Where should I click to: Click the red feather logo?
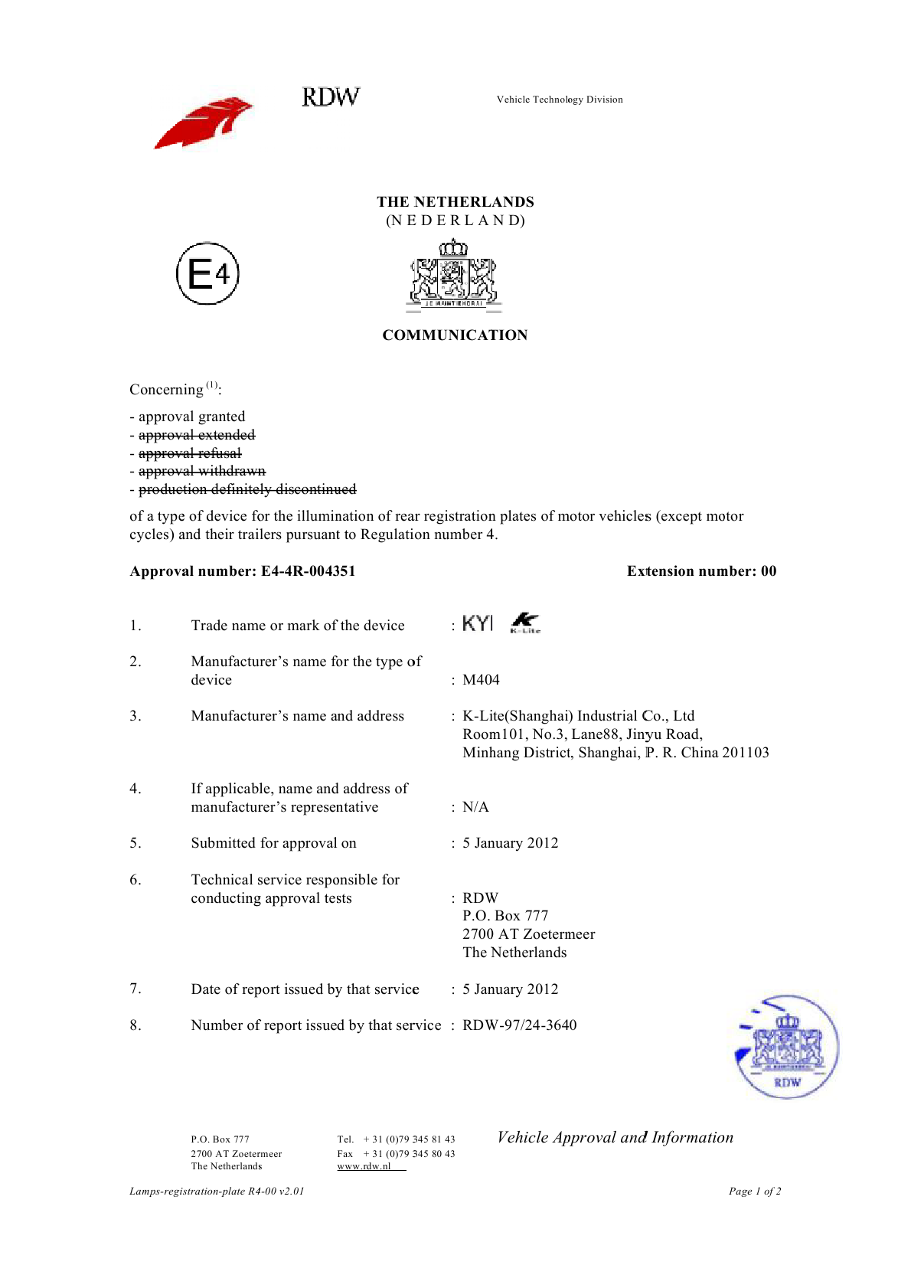[x=204, y=123]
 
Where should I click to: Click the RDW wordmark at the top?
[x=330, y=97]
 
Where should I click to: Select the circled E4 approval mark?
[x=207, y=273]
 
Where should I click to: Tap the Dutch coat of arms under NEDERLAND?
[x=453, y=276]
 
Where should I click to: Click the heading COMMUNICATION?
[x=455, y=335]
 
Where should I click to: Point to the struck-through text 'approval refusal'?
[x=190, y=453]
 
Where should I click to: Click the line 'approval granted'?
[x=191, y=417]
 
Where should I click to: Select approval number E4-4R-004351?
[x=308, y=571]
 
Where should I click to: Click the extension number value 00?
[x=768, y=571]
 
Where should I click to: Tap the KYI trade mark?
[x=478, y=623]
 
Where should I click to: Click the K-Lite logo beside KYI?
[x=525, y=623]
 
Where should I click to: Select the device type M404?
[x=481, y=680]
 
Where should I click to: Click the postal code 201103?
[x=746, y=753]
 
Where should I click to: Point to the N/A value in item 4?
[x=475, y=807]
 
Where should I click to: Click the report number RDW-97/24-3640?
[x=520, y=1025]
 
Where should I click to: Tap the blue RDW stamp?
[x=787, y=1047]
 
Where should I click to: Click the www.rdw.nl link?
[x=364, y=1166]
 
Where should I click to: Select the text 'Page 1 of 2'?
[x=755, y=1192]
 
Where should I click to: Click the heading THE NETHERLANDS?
[x=455, y=202]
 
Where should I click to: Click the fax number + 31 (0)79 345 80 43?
[x=409, y=1154]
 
